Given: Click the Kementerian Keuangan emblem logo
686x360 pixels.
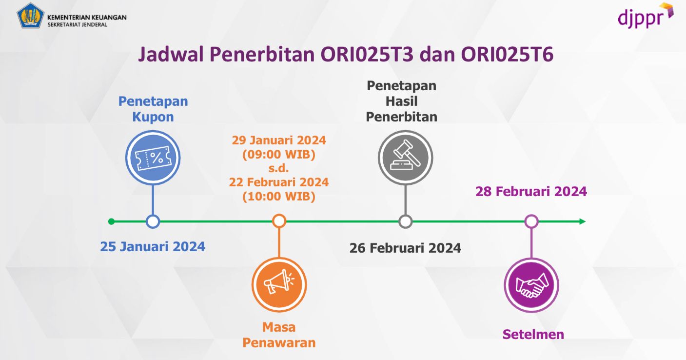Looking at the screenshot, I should [x=31, y=16].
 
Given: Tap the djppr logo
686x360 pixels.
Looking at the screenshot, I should [x=645, y=16].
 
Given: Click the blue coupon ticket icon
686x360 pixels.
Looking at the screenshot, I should [x=153, y=158].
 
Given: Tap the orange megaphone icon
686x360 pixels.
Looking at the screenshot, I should [x=279, y=284].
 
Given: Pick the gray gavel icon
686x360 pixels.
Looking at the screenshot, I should [x=405, y=158].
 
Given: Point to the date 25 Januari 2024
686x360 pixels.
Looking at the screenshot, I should [x=153, y=246].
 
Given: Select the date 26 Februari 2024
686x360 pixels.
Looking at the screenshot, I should [x=405, y=248].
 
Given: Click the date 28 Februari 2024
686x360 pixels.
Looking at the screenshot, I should [x=531, y=191].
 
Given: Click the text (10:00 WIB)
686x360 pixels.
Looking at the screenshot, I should [x=279, y=197].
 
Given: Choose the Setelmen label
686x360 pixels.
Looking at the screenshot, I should [x=533, y=335].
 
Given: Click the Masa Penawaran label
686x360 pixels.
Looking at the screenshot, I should [x=279, y=335].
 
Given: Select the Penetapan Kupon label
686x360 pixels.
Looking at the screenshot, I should [x=153, y=109].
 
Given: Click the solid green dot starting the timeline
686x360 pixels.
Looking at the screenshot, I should [x=111, y=221].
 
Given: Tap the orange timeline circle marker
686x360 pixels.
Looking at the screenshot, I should [x=279, y=221].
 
